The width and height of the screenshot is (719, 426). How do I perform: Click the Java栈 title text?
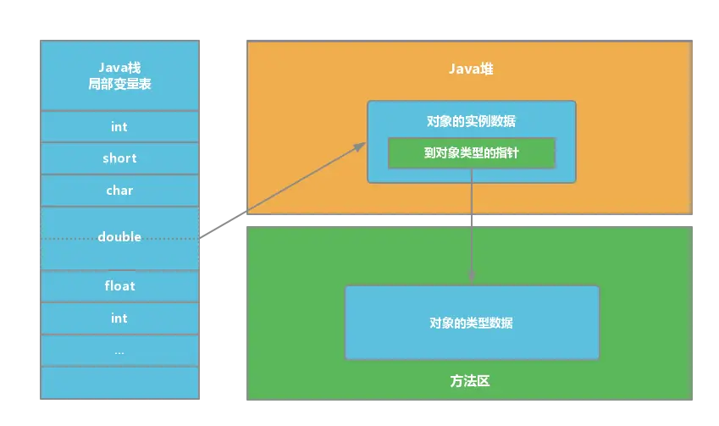coord(119,69)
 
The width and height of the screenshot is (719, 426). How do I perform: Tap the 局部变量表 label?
coord(119,86)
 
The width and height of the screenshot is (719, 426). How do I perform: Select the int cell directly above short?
coord(119,126)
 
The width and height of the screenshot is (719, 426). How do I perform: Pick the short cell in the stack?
coord(119,158)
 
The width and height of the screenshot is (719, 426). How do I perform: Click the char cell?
coord(119,191)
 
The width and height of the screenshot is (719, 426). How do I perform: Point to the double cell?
coord(119,236)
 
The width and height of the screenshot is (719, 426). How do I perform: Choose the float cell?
coord(119,286)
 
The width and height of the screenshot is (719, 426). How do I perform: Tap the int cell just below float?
coord(119,318)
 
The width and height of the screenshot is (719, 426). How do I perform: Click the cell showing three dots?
coord(119,351)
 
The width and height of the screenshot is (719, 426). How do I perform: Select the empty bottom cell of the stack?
coord(119,382)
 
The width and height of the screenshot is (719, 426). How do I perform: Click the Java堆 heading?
coord(471,69)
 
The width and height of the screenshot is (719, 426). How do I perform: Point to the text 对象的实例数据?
coord(471,122)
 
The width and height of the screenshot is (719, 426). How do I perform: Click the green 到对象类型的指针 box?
coord(471,153)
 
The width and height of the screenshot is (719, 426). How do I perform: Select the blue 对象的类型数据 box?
coord(471,323)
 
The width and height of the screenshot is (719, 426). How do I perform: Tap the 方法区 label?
coord(471,381)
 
